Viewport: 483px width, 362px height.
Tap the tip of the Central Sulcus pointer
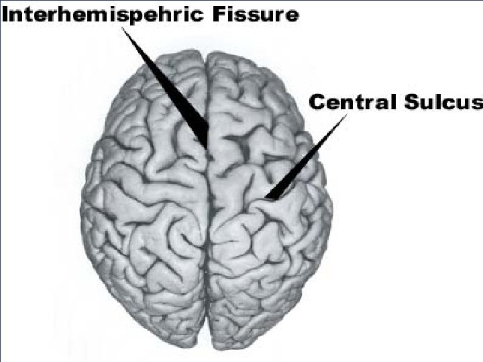tap(266, 198)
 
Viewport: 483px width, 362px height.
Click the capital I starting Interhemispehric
tap(5, 14)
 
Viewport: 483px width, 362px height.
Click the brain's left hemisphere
tap(144, 201)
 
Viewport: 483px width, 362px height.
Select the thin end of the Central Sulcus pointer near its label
tap(346, 115)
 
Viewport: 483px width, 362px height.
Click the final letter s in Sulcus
tap(477, 103)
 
